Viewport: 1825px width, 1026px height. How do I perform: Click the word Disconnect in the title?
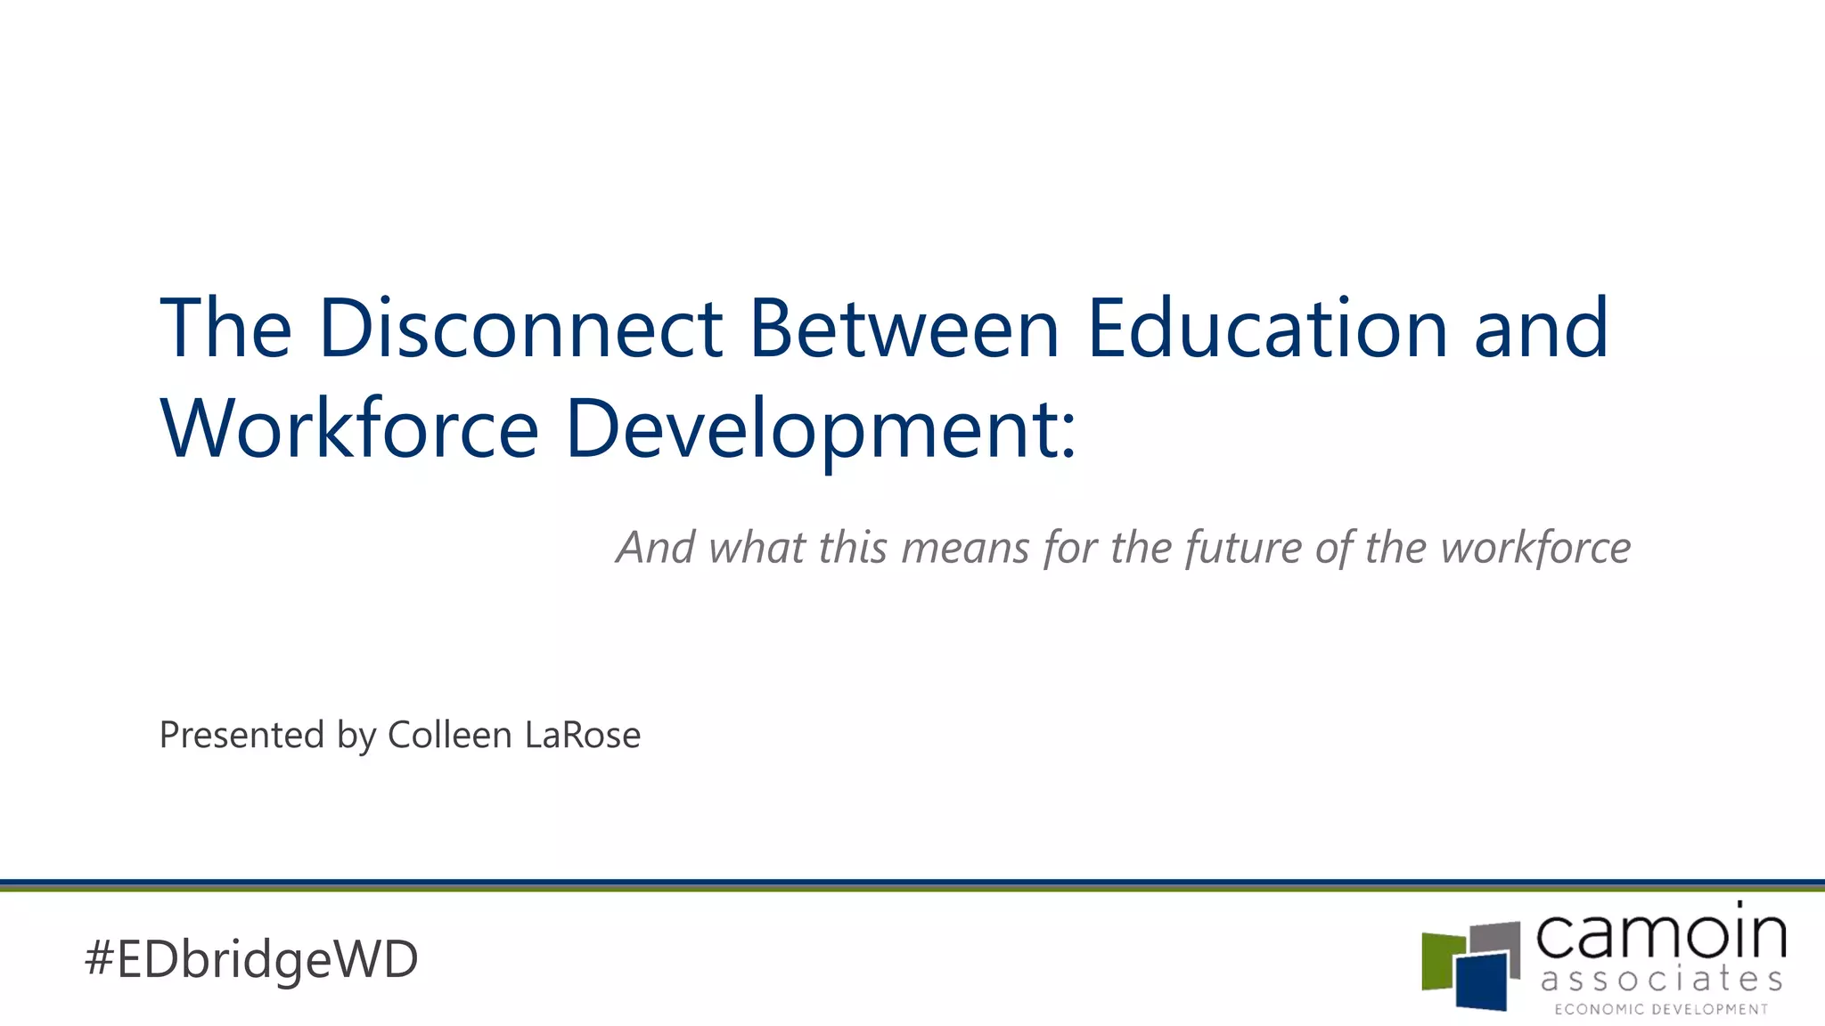point(520,329)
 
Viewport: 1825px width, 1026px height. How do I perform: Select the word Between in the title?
point(904,329)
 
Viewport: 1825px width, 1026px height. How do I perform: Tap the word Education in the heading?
point(1267,329)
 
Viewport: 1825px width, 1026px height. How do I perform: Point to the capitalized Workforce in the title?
point(349,429)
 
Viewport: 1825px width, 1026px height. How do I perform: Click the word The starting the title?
point(225,329)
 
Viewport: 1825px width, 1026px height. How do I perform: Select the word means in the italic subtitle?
point(965,548)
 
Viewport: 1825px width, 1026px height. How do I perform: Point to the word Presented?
point(241,736)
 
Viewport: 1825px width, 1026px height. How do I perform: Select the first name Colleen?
point(450,736)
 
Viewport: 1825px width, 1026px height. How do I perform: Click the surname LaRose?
point(583,736)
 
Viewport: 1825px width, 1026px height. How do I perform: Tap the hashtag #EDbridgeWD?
point(251,959)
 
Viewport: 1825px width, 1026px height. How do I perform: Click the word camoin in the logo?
point(1661,934)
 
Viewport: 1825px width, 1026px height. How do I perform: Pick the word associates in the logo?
point(1661,981)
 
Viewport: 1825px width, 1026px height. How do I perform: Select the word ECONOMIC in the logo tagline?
point(1599,1010)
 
